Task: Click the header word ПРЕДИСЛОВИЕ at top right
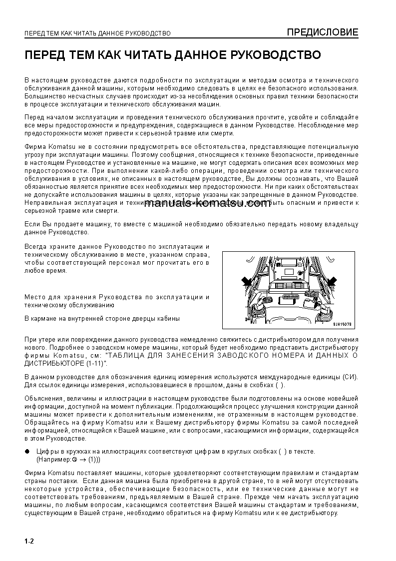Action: pos(322,32)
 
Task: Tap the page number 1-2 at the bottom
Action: pos(28,541)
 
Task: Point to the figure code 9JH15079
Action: pos(342,324)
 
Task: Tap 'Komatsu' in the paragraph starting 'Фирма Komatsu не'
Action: pos(60,147)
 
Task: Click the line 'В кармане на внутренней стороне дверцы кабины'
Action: pos(102,318)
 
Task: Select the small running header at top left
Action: pos(97,33)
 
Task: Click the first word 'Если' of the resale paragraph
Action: pos(31,224)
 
